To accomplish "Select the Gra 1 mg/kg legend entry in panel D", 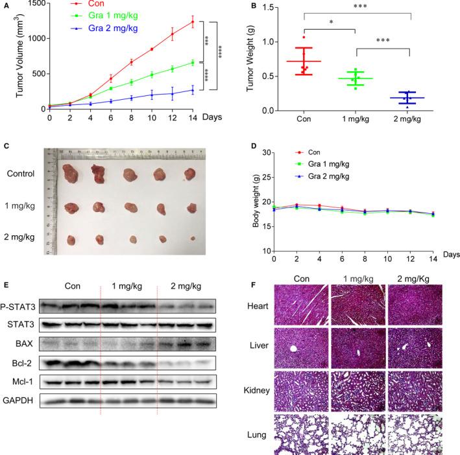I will (x=321, y=166).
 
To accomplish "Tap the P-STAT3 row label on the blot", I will (x=19, y=303).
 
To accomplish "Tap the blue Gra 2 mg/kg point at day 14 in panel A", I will (x=192, y=90).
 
